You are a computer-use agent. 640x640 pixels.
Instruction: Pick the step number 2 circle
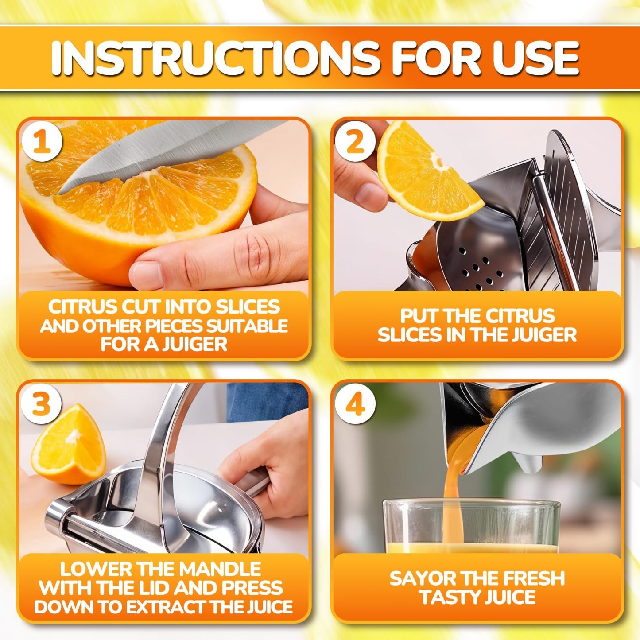[356, 143]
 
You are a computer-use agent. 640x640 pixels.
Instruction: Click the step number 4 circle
[356, 404]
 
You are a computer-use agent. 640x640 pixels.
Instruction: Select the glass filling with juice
[472, 527]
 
